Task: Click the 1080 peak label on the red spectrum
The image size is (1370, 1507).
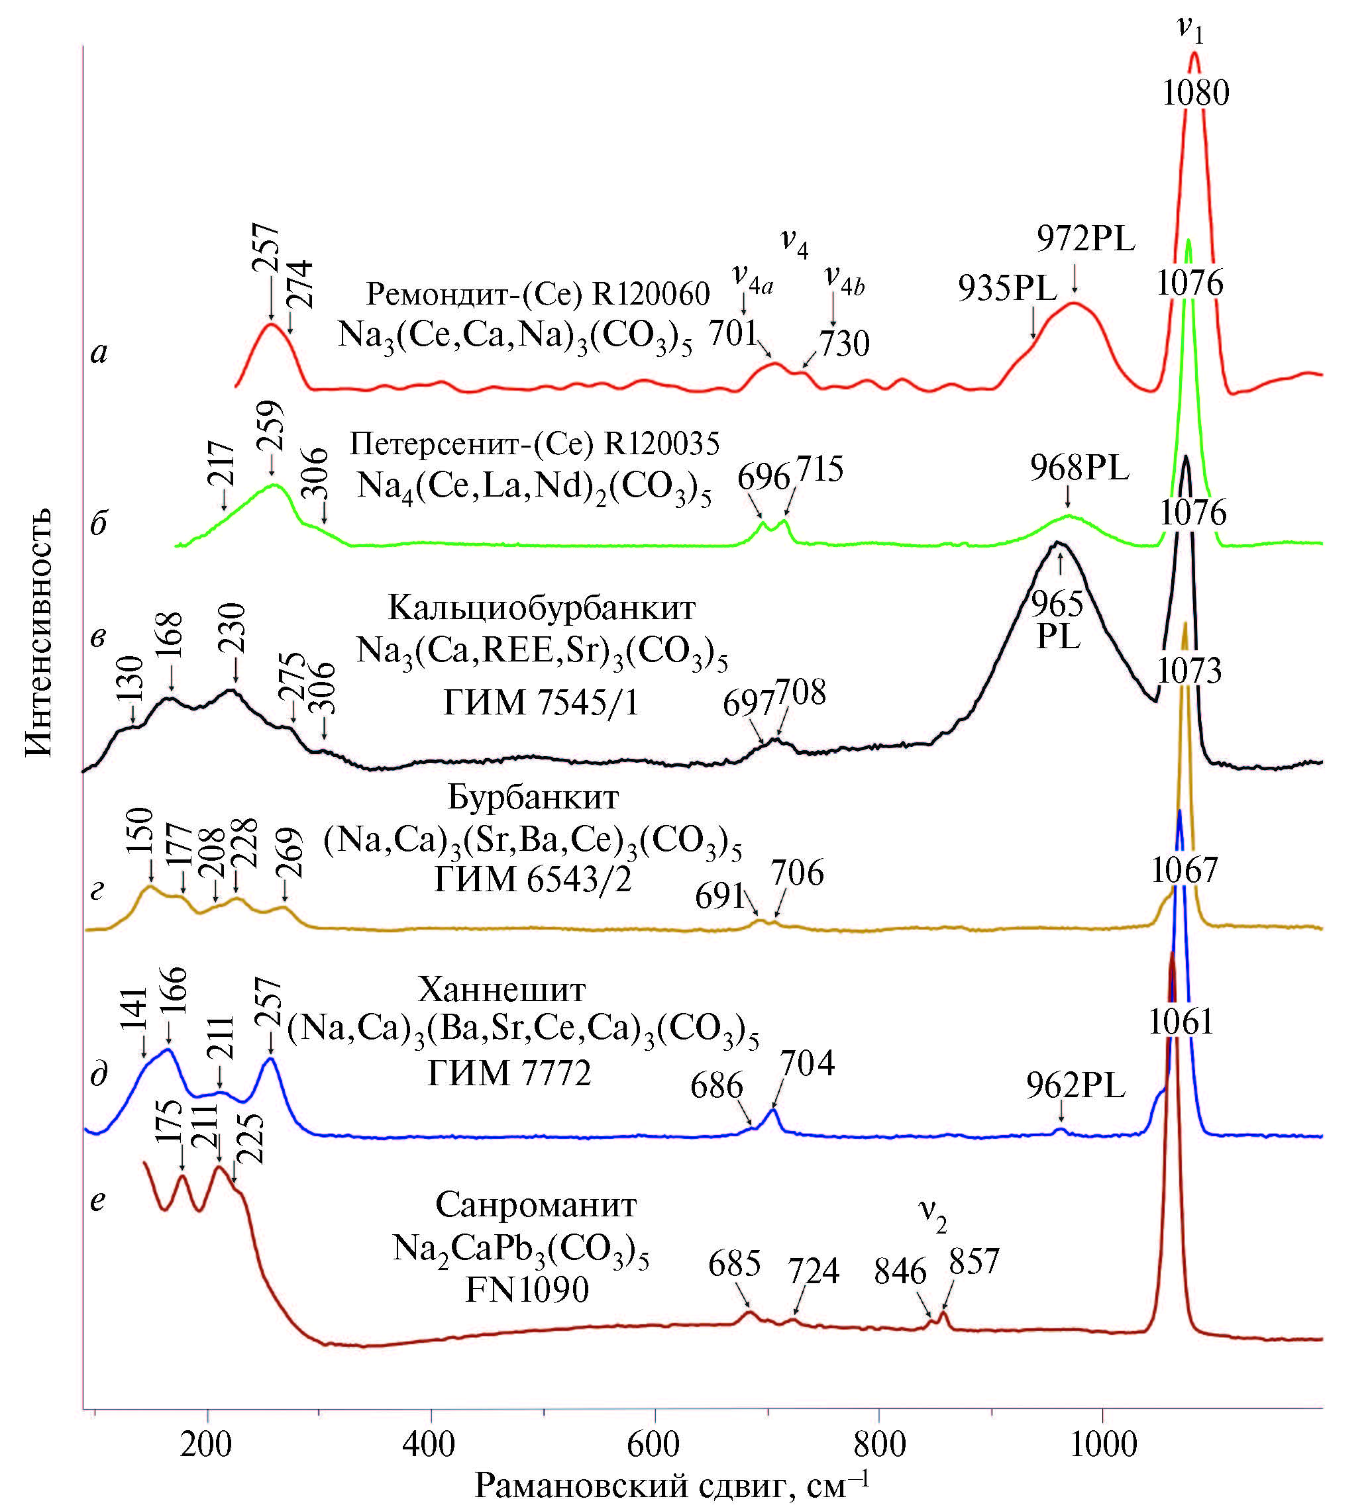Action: click(x=1195, y=94)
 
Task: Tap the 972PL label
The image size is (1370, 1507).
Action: click(x=1086, y=239)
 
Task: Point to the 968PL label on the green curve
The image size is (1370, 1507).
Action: click(x=1079, y=469)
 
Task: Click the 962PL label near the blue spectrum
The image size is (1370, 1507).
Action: click(x=1075, y=1086)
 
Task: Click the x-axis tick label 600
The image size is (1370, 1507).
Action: click(x=655, y=1445)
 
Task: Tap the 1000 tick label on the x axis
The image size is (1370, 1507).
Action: click(x=1103, y=1445)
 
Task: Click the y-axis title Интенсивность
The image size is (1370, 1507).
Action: click(x=40, y=632)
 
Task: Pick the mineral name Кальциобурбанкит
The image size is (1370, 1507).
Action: click(x=541, y=608)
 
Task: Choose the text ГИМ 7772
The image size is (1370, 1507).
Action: click(x=509, y=1073)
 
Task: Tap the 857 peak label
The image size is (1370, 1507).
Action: click(x=974, y=1262)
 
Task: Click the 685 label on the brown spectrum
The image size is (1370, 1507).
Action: click(x=735, y=1263)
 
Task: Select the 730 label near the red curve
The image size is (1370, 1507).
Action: click(x=844, y=344)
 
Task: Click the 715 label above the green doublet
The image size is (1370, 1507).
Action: click(x=819, y=469)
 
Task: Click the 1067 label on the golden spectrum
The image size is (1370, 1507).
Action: click(x=1184, y=870)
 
